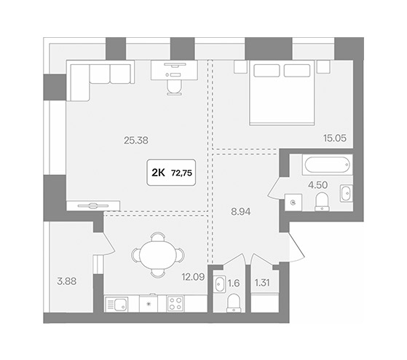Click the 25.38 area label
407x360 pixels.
point(136,141)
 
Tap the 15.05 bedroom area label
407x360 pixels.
point(335,138)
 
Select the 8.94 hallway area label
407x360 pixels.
point(241,212)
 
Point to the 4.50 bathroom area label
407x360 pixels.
point(317,185)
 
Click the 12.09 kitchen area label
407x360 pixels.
point(193,277)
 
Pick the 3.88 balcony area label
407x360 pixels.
point(67,281)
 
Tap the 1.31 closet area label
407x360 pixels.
point(262,283)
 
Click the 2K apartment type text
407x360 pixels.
point(158,173)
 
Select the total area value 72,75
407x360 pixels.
point(182,173)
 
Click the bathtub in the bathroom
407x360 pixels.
point(328,165)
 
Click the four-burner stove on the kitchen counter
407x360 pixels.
point(175,304)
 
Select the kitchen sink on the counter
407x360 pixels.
point(116,304)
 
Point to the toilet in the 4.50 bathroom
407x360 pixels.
point(322,202)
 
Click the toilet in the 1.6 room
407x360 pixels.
point(234,303)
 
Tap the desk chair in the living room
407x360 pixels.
point(174,87)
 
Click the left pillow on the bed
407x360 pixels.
point(266,71)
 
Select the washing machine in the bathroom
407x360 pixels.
point(293,202)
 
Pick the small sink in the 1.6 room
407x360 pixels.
point(220,284)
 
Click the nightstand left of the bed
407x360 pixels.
point(240,66)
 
